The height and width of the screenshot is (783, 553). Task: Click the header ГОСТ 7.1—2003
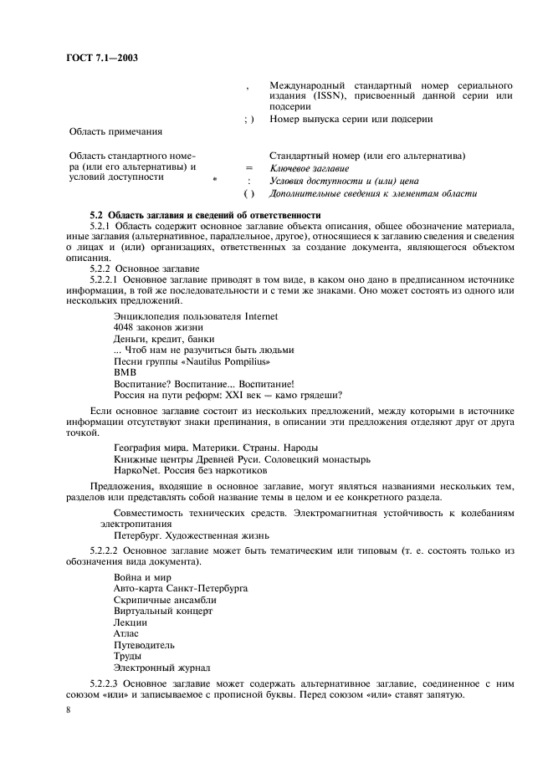tap(101, 59)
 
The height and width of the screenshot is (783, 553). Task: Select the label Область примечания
tap(115, 131)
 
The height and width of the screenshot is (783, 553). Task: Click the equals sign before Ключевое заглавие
tap(248, 168)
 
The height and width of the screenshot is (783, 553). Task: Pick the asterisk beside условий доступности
tap(216, 180)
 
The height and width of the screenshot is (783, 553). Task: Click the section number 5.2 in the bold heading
tap(97, 216)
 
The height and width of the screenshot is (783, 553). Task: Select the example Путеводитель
tap(144, 645)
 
